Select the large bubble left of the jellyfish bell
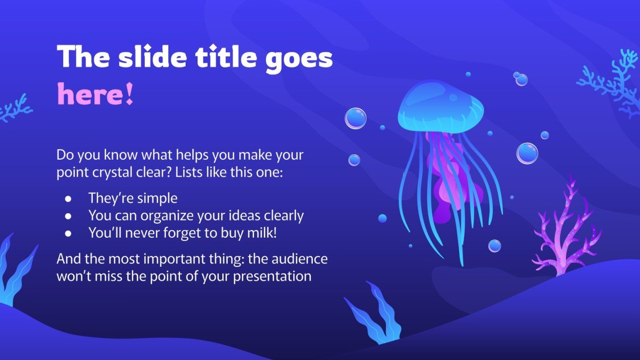click(355, 118)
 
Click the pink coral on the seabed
click(567, 229)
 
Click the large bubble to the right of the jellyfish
click(527, 153)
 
